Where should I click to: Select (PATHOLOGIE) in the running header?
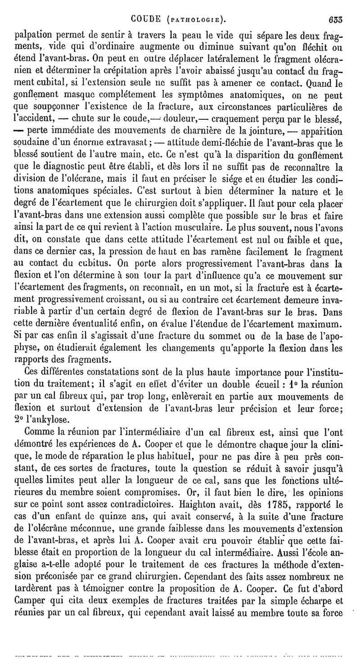[x=195, y=20]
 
